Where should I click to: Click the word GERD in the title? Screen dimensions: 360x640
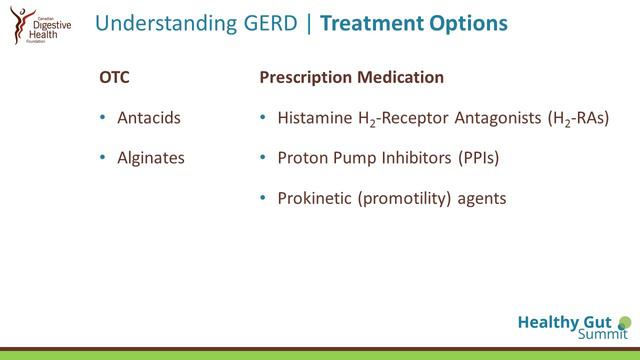(279, 21)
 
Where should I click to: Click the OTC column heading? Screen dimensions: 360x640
(115, 77)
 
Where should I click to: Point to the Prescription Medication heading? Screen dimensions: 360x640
(352, 77)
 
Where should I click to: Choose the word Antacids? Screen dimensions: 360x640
(149, 118)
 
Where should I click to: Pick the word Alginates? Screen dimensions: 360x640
(151, 158)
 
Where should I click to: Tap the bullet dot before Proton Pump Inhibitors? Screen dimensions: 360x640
(262, 158)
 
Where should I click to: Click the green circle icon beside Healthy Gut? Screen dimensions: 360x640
(625, 322)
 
